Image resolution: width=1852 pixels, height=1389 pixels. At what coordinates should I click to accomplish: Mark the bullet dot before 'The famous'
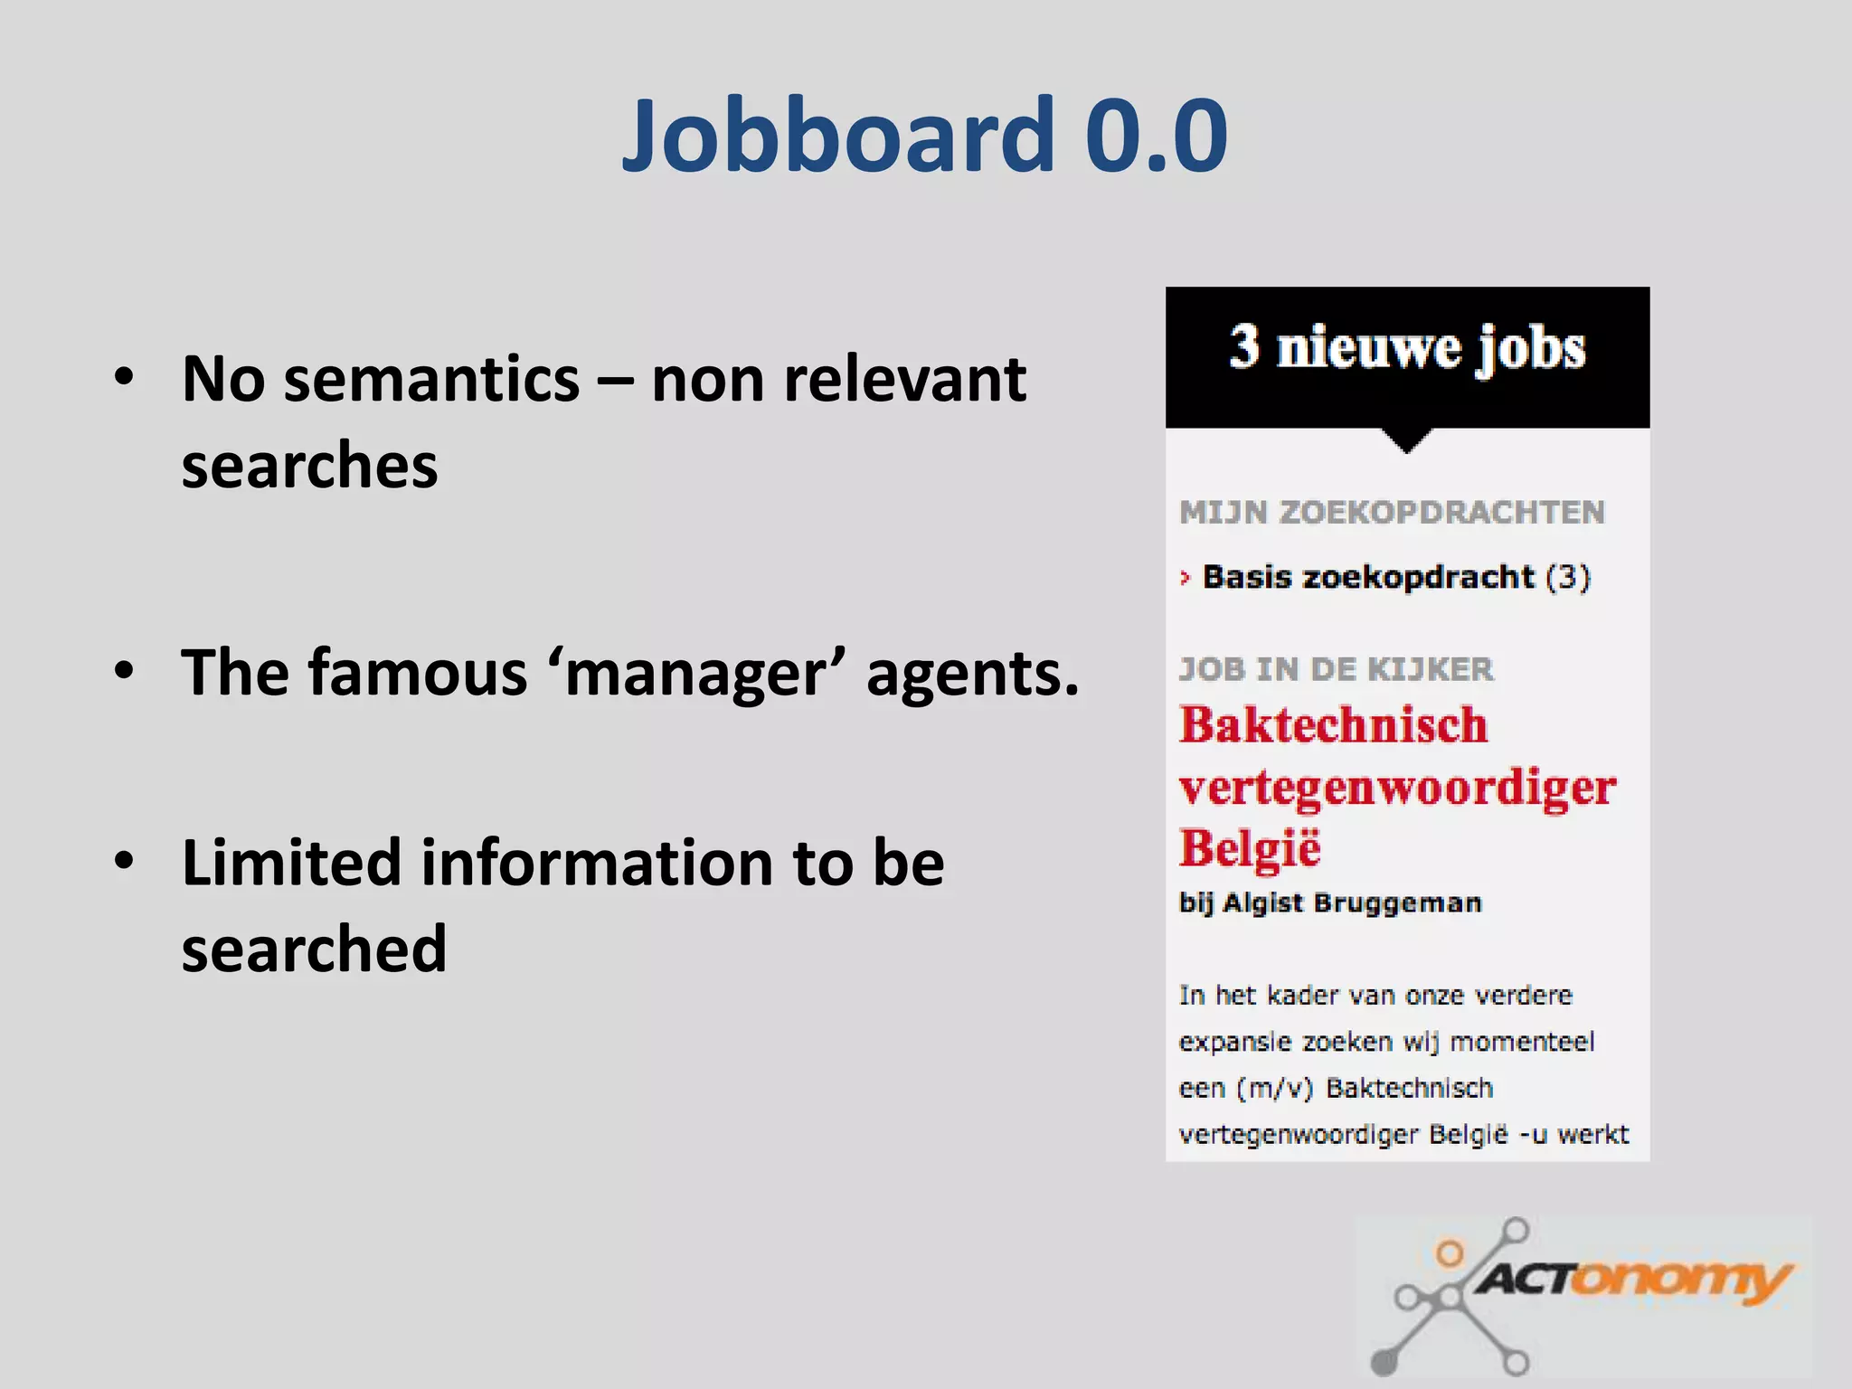124,670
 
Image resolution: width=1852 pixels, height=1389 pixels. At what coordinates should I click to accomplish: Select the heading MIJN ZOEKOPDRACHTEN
1392,512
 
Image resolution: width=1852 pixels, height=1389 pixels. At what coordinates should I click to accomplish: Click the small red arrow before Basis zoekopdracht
1186,577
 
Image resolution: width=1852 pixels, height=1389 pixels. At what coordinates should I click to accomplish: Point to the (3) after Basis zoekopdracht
1568,577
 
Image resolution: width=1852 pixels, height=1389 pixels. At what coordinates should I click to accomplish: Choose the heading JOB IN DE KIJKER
1337,669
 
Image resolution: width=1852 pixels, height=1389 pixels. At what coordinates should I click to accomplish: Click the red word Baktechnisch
1333,725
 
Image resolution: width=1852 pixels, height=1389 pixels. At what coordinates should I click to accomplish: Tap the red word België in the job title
1250,848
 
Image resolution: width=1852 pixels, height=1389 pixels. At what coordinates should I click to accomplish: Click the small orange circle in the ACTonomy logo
1450,1253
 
